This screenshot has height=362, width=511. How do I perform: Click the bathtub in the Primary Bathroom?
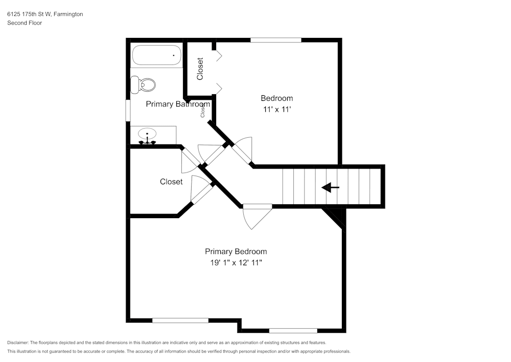[x=156, y=55]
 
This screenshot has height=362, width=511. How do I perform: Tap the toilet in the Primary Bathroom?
[x=144, y=84]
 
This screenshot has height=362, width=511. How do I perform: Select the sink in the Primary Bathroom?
[x=148, y=136]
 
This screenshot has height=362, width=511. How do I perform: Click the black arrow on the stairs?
[x=330, y=188]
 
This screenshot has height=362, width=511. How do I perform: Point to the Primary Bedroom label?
[x=236, y=251]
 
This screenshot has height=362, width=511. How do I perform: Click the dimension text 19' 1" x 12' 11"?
[x=236, y=263]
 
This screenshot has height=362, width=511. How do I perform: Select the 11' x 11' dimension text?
[x=276, y=109]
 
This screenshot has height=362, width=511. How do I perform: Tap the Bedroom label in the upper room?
[x=276, y=98]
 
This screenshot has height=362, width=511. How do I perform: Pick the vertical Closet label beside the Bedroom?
[x=200, y=69]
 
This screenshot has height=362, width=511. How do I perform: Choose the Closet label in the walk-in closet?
[x=171, y=182]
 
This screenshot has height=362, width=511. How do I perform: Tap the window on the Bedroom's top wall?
[x=275, y=40]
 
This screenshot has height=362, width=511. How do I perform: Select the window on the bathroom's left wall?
[x=128, y=110]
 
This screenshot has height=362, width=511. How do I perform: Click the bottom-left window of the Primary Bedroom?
[x=180, y=321]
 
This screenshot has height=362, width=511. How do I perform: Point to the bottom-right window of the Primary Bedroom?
[x=293, y=331]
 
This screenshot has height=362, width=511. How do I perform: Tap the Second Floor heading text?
[x=25, y=23]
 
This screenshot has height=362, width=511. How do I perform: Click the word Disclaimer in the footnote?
[x=18, y=343]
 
